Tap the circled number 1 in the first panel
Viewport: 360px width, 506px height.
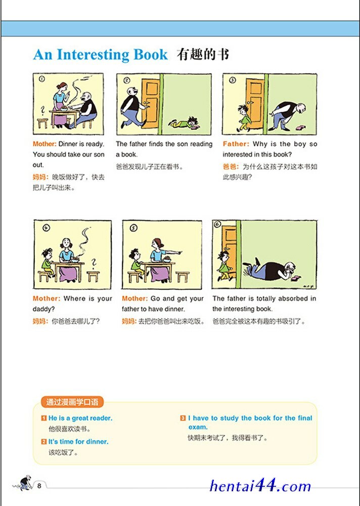[x=42, y=79]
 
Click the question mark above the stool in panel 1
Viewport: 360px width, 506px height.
[x=42, y=111]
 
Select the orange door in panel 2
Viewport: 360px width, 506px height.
[x=150, y=104]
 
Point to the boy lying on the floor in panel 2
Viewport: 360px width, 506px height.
[x=184, y=123]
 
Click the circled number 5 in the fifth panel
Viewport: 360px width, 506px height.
[x=133, y=228]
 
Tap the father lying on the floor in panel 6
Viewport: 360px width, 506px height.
[x=271, y=270]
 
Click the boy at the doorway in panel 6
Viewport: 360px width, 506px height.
[x=224, y=265]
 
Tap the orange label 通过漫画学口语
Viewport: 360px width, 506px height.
[x=72, y=402]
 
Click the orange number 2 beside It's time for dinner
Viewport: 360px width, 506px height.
[x=44, y=441]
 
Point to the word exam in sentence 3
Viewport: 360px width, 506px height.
[x=198, y=427]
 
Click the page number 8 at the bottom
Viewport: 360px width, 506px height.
[x=39, y=486]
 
